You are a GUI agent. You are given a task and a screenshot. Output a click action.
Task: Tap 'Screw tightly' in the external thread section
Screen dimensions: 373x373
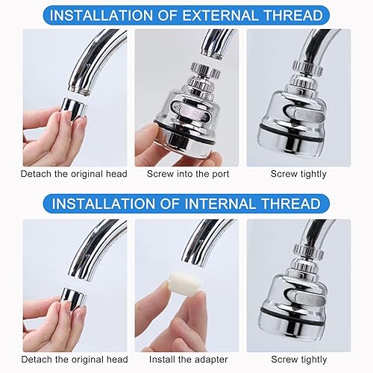(298, 174)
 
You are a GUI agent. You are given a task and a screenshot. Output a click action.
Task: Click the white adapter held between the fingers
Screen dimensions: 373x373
(181, 283)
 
